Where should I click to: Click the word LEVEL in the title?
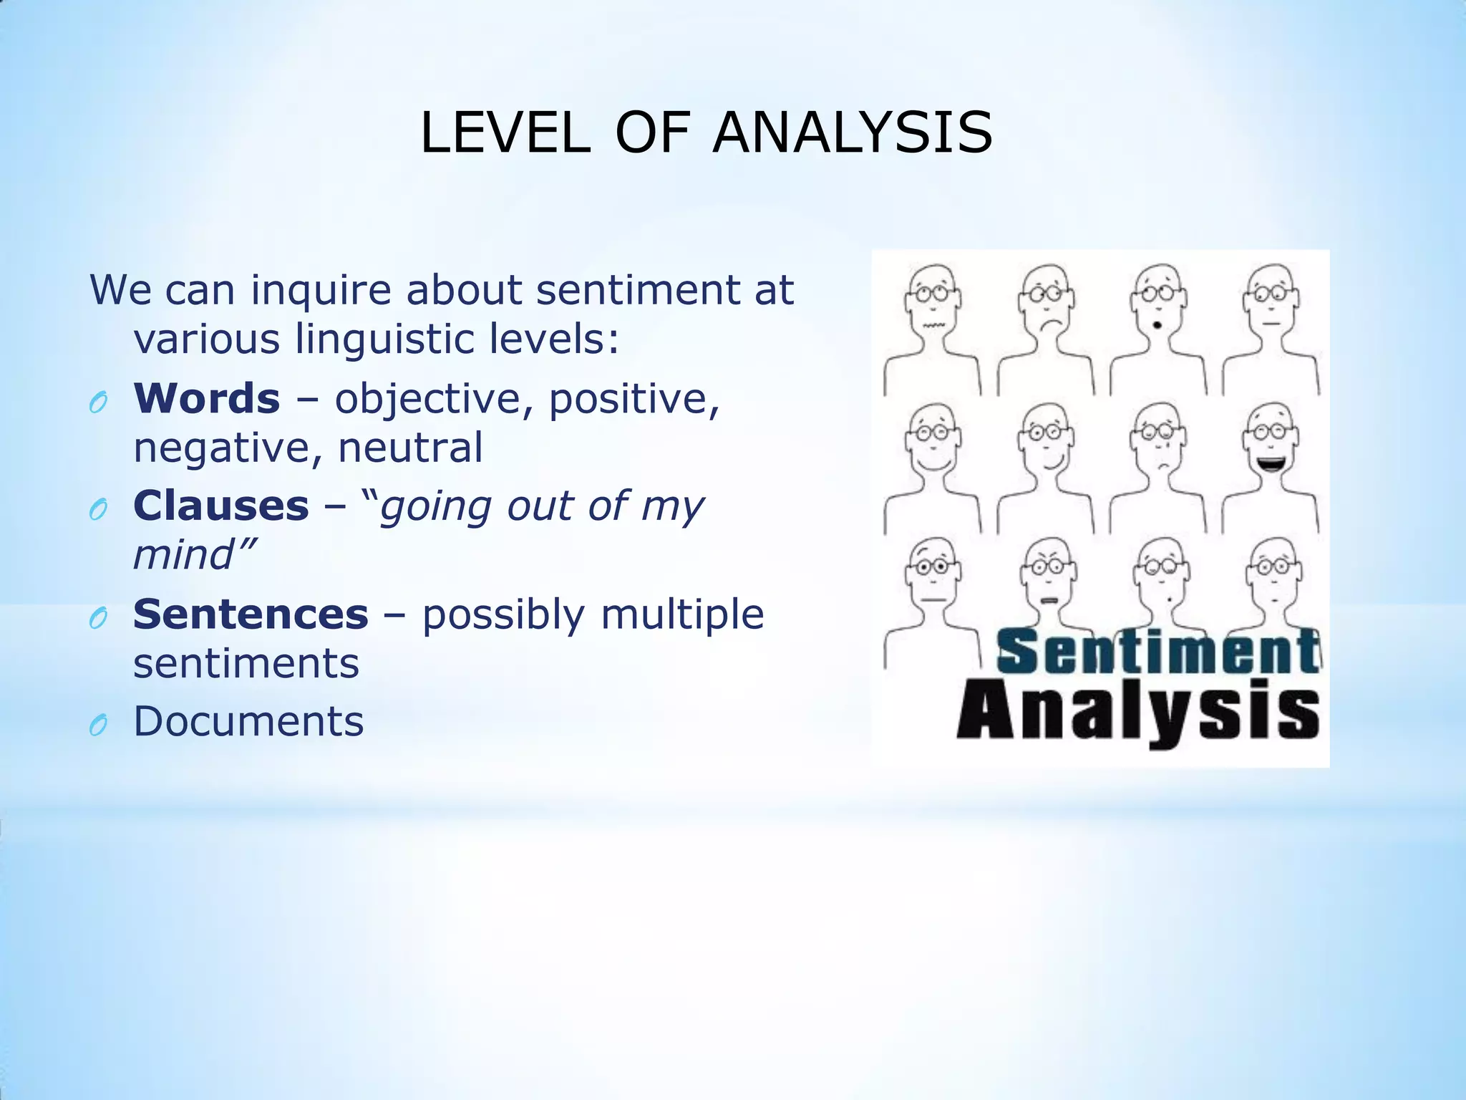tap(505, 133)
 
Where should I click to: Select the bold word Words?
tap(207, 398)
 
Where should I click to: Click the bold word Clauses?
tap(221, 506)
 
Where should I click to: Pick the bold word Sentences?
tap(251, 614)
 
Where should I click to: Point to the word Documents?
tap(248, 721)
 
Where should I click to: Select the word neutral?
tap(410, 448)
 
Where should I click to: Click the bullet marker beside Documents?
tap(98, 726)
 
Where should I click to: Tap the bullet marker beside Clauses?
tap(98, 511)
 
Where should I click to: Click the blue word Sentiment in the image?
tap(1157, 651)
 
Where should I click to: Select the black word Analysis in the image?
tap(1138, 713)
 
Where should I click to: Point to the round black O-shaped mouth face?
tap(1157, 327)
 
